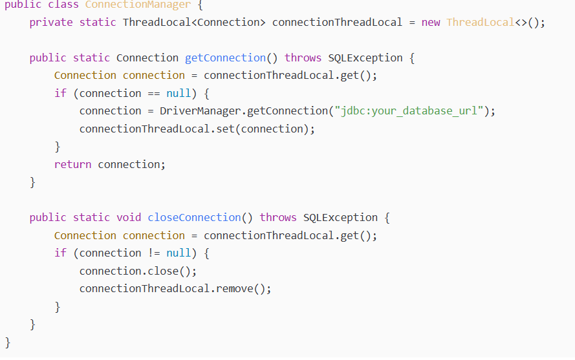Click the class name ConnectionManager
pos(138,5)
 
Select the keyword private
pos(51,22)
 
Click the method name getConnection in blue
pos(225,58)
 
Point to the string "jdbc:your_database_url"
pos(409,111)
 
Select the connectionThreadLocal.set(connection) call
pos(197,129)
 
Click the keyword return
pos(72,164)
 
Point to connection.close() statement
pos(138,271)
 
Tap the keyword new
pos(431,22)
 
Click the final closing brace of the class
pos(8,342)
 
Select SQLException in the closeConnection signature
pos(340,217)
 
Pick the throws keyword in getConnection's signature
pos(303,58)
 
